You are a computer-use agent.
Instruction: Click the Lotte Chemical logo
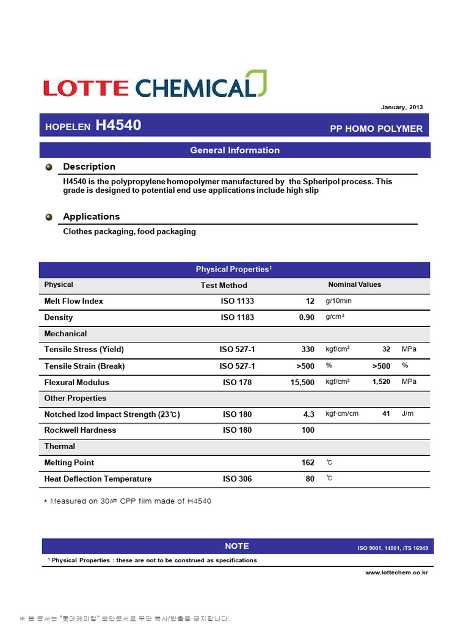[x=155, y=85]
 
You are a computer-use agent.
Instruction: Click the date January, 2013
[x=401, y=107]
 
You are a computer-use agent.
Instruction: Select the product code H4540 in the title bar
[x=118, y=126]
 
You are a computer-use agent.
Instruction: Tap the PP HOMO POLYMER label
[x=376, y=128]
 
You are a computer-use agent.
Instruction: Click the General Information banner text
[x=234, y=150]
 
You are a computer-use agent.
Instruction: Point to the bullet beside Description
[x=49, y=167]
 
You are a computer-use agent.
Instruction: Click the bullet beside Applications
[x=49, y=217]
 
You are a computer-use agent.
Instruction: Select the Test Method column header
[x=224, y=285]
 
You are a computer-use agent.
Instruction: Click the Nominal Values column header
[x=354, y=284]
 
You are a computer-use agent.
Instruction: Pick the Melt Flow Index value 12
[x=310, y=301]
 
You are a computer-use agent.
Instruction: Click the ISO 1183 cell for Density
[x=238, y=317]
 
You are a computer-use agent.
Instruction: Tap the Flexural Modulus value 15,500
[x=302, y=383]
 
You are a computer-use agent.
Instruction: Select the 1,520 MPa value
[x=382, y=381]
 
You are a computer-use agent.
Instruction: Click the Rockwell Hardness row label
[x=80, y=430]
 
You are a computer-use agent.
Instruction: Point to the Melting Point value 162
[x=308, y=463]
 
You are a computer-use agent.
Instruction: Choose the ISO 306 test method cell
[x=238, y=479]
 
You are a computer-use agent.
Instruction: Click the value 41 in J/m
[x=386, y=414]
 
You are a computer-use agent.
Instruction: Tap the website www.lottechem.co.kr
[x=396, y=573]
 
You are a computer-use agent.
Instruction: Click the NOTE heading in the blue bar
[x=236, y=546]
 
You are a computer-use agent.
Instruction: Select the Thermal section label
[x=60, y=446]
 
